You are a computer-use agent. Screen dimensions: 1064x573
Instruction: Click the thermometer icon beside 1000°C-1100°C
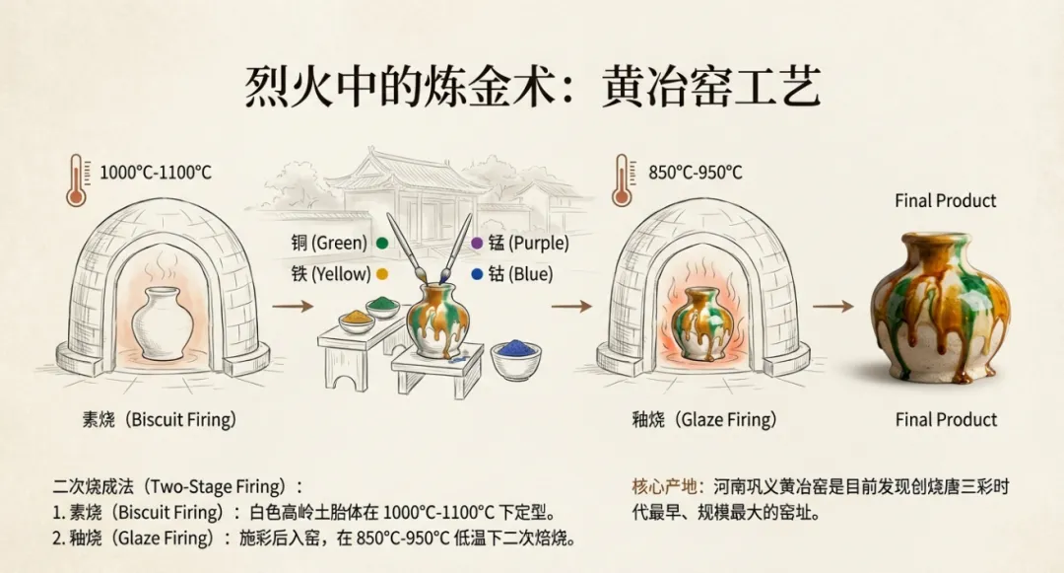76,180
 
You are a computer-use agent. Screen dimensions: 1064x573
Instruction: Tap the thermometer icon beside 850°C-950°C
622,180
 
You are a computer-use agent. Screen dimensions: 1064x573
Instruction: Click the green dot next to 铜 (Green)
381,243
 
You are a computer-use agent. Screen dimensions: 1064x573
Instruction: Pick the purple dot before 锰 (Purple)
478,243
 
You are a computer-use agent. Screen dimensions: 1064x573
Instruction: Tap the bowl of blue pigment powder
515,358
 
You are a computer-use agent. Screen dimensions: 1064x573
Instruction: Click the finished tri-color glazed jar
941,307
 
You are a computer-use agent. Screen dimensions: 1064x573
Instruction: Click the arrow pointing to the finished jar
832,307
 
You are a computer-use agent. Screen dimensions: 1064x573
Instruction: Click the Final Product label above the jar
946,201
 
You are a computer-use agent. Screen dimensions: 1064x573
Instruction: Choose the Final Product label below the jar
946,420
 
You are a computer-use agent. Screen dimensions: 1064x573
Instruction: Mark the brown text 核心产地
664,487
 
